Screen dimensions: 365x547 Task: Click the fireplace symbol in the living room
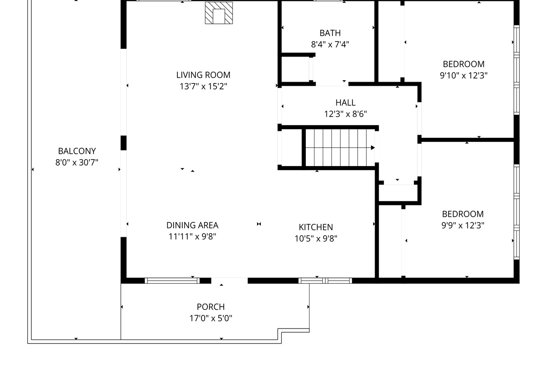219,13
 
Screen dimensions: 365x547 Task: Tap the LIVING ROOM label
203,75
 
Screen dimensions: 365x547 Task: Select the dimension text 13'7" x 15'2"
203,86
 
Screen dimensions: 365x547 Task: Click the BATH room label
330,33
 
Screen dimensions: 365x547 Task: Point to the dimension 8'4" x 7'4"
330,44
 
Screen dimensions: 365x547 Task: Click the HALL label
346,103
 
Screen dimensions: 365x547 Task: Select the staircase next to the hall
340,147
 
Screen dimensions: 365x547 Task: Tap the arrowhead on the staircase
372,147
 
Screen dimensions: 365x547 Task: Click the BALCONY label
77,151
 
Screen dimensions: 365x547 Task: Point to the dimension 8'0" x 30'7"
77,162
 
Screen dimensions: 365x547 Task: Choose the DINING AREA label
192,225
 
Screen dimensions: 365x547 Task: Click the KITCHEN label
316,227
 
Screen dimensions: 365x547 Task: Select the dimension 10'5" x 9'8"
316,238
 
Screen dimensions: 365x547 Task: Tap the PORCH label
211,307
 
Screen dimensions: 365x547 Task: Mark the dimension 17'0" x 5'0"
211,318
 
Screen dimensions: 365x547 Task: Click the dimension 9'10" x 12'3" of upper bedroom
464,75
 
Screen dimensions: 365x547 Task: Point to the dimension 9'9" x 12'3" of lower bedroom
463,225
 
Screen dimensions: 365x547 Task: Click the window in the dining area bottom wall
172,281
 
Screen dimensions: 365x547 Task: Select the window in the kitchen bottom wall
325,281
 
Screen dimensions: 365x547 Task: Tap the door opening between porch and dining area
229,281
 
